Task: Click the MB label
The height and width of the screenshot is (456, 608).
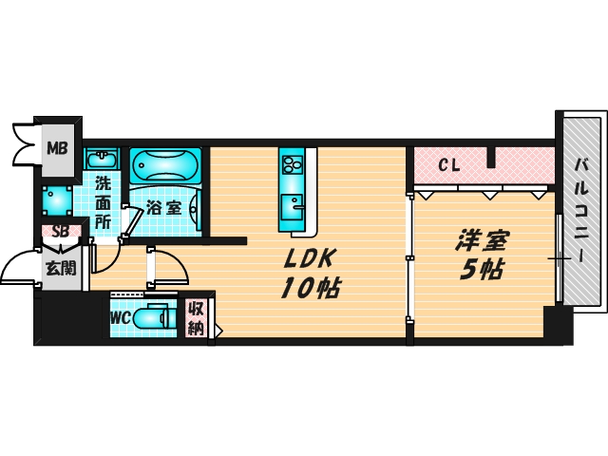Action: click(x=59, y=148)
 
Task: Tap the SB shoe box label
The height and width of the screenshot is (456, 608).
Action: click(x=59, y=231)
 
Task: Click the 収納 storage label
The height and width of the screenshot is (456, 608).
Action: click(x=196, y=317)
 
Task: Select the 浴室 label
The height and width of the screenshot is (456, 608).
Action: click(x=164, y=206)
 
